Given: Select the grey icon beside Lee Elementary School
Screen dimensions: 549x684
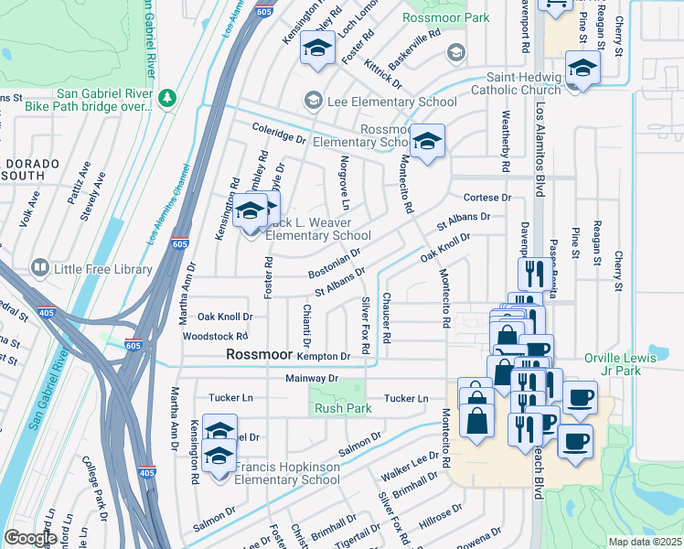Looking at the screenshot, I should (x=314, y=102).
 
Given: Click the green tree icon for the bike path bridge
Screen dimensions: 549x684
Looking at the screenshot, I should (x=166, y=97).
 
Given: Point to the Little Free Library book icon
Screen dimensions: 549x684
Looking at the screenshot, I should (x=39, y=268).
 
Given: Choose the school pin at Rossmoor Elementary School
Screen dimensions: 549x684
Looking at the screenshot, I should (x=426, y=142).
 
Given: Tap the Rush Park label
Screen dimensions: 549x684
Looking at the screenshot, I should (x=340, y=408).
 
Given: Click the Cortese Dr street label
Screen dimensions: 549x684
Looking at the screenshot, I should (x=486, y=198).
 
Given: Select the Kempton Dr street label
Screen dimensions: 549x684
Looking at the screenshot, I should (x=324, y=356).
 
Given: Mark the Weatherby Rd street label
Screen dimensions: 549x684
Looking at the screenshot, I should (x=505, y=142).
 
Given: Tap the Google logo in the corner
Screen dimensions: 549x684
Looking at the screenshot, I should (x=31, y=538).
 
